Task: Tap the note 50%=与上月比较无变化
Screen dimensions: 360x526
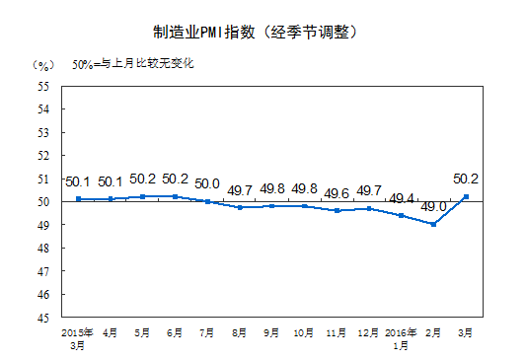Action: click(x=134, y=65)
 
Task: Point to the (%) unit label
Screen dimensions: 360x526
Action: click(x=43, y=65)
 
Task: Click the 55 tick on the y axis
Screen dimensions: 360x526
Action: click(x=43, y=86)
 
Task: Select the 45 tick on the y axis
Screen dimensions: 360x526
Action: click(x=43, y=318)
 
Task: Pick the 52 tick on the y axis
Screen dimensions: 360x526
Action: click(x=43, y=155)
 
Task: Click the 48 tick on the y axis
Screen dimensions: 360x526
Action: click(x=43, y=248)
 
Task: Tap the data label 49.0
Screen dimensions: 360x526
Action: click(x=434, y=207)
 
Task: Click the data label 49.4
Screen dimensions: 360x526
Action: click(x=402, y=198)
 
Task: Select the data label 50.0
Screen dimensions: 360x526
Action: click(x=207, y=184)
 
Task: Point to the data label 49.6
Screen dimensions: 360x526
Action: click(x=337, y=193)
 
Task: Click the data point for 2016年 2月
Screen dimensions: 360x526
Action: click(x=434, y=225)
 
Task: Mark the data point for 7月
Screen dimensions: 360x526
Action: click(x=207, y=201)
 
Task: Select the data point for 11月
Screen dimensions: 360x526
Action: click(x=337, y=210)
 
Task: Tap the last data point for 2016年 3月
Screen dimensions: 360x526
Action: click(x=466, y=196)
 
